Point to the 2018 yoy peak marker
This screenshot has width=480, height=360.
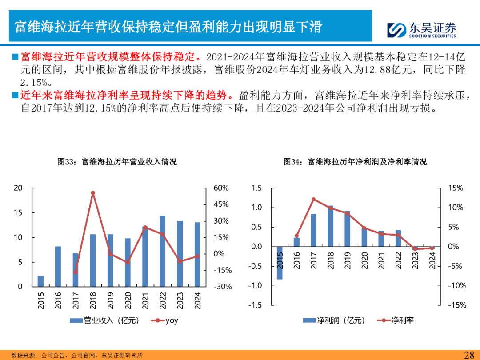(93, 193)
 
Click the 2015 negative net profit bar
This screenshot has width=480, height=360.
(280, 263)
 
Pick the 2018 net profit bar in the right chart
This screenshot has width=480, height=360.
(330, 226)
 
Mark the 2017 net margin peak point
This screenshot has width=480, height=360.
(313, 199)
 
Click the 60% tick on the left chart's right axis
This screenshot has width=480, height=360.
(221, 188)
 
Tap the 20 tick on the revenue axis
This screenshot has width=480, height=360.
(18, 188)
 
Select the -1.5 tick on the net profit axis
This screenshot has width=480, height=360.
(256, 305)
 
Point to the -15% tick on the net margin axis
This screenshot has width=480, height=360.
(457, 305)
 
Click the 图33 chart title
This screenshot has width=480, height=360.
(117, 162)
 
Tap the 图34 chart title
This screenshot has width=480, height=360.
(355, 162)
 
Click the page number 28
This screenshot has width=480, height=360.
(469, 355)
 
